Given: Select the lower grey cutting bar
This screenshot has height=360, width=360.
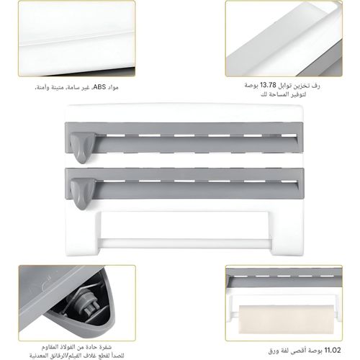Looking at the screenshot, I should coord(194,186).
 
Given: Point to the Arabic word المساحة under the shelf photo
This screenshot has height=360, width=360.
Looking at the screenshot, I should coord(289,95).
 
